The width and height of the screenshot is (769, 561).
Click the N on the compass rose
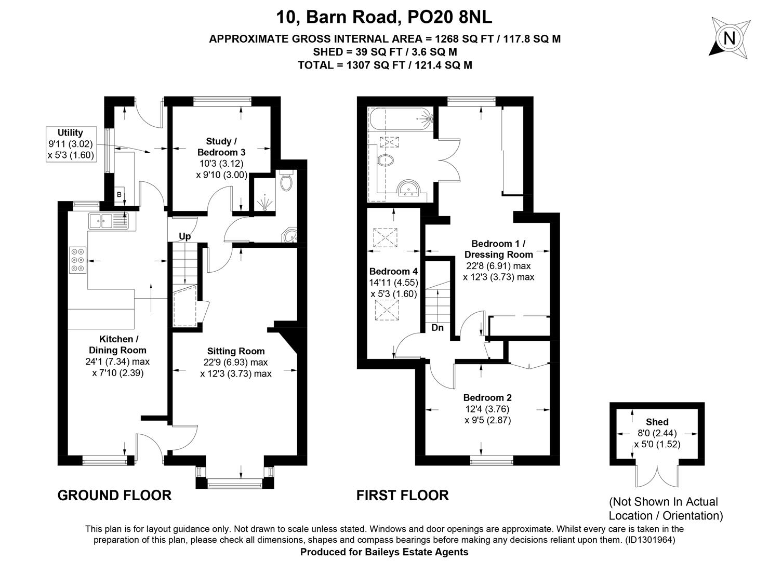(730, 38)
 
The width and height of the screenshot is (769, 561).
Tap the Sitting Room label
(236, 351)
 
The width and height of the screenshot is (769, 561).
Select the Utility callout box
(71, 144)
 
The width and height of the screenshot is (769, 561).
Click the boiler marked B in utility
(119, 195)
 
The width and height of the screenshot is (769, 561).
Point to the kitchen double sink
(108, 221)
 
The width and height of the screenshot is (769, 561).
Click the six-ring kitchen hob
(77, 260)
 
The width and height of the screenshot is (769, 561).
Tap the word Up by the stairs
(184, 237)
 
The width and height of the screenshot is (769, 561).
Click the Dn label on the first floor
(437, 328)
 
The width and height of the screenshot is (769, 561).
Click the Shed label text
(657, 422)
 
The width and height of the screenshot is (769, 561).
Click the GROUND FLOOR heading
(114, 496)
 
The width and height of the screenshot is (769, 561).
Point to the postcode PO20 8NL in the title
(449, 17)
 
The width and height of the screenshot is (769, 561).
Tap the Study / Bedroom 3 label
(221, 146)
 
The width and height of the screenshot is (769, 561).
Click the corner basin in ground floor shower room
(290, 236)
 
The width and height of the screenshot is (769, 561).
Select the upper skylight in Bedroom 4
(385, 237)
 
